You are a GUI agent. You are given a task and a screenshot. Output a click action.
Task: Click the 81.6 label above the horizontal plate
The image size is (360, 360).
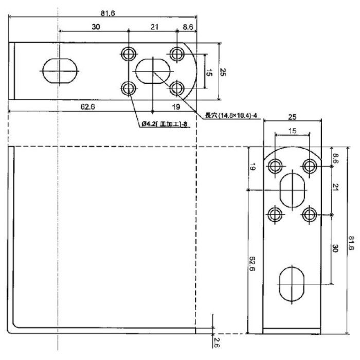107,12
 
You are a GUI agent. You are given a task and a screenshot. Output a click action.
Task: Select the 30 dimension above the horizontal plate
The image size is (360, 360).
96,27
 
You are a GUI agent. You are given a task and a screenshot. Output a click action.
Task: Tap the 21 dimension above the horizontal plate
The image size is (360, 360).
154,27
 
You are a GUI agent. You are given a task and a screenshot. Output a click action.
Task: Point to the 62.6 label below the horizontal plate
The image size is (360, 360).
90,106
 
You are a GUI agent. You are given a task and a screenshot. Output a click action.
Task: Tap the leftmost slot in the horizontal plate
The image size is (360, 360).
61,70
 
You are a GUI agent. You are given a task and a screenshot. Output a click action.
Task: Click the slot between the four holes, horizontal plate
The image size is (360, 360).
153,70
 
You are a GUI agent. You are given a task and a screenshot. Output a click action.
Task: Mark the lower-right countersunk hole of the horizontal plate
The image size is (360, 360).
177,88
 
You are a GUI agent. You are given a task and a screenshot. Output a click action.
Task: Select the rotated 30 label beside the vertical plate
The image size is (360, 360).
335,248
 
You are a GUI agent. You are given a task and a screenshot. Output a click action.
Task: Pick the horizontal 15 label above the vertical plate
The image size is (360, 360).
292,131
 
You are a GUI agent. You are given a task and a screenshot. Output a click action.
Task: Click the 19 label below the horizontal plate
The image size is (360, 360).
175,106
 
